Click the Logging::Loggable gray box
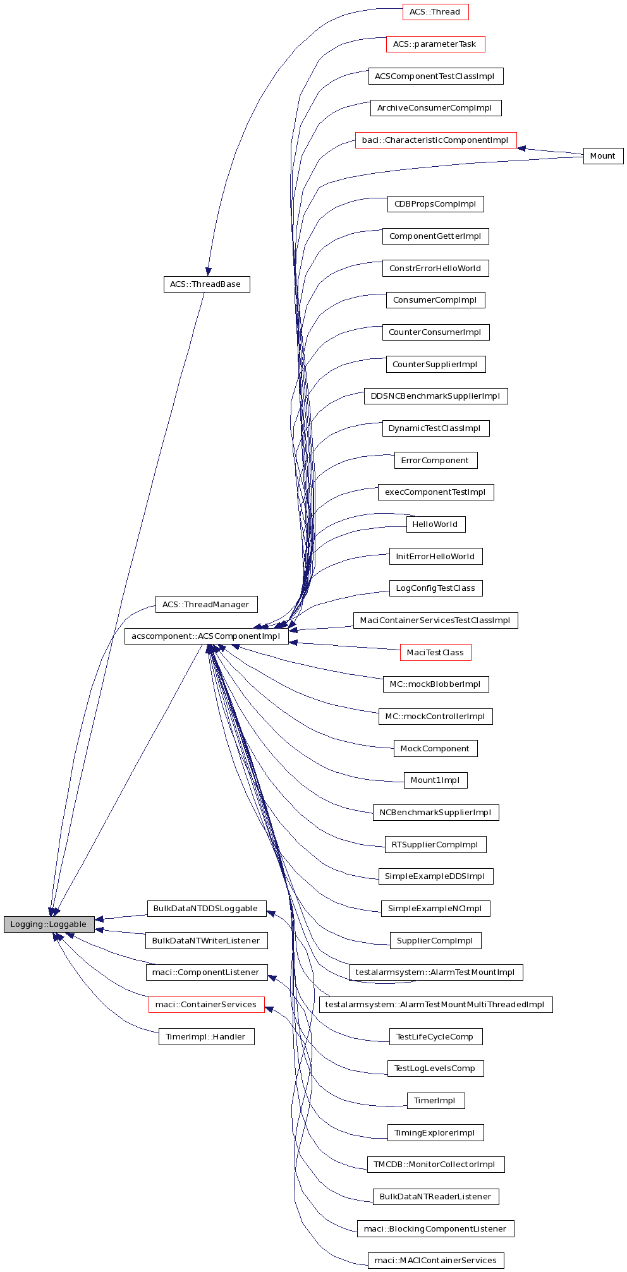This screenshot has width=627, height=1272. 49,924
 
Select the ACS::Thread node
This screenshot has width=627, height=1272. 435,12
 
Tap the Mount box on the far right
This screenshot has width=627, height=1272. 602,156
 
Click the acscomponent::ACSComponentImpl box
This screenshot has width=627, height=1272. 206,636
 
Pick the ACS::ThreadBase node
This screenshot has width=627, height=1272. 206,284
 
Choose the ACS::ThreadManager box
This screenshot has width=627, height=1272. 206,605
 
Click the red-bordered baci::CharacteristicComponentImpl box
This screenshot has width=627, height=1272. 435,140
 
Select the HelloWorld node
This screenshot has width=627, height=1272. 435,524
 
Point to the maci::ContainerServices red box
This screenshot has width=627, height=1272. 206,1005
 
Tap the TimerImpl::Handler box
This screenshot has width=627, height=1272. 206,1037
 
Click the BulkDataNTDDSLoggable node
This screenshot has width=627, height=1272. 206,909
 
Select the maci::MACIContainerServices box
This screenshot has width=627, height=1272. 435,1261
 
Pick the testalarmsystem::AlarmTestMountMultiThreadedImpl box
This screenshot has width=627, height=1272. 435,1005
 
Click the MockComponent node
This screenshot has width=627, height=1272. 435,749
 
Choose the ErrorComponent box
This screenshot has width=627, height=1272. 435,461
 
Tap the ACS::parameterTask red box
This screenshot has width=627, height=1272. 435,44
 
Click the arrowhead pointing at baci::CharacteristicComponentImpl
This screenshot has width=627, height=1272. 521,148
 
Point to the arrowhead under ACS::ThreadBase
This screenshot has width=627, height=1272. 208,271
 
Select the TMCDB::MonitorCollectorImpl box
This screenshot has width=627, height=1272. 435,1165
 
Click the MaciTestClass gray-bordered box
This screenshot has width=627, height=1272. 435,653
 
